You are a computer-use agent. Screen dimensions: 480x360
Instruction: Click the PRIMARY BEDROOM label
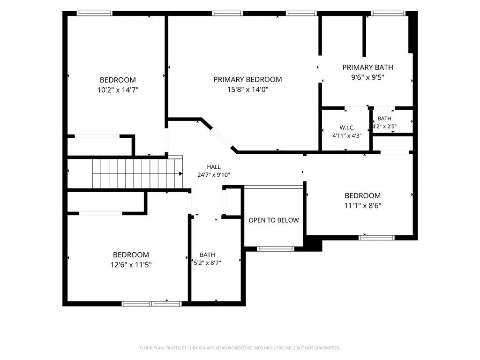click(x=247, y=80)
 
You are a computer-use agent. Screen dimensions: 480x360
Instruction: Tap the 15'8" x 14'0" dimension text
click(x=247, y=90)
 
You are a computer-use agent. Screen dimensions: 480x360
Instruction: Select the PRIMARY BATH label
click(x=367, y=67)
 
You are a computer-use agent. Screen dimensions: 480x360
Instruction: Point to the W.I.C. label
click(x=347, y=127)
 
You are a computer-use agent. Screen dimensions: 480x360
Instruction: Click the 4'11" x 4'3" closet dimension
click(x=347, y=135)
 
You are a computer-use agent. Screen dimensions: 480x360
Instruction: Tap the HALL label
click(x=214, y=167)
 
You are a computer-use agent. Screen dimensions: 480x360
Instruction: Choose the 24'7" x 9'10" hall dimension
click(x=214, y=175)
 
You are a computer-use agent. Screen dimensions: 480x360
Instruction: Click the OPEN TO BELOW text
click(x=274, y=220)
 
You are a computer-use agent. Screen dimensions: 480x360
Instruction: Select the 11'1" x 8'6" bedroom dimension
click(x=363, y=205)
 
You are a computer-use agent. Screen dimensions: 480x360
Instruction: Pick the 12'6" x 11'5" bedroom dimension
click(x=131, y=264)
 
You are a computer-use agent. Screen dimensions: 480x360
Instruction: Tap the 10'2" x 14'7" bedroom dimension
click(x=118, y=90)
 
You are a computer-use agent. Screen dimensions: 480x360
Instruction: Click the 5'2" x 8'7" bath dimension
click(x=207, y=262)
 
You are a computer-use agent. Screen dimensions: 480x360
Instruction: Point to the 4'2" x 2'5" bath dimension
click(x=384, y=126)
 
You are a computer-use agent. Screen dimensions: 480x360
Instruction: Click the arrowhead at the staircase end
click(x=181, y=173)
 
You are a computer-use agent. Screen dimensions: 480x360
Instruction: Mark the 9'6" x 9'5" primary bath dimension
click(x=367, y=77)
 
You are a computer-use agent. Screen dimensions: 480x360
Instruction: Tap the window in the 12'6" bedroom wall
click(x=151, y=304)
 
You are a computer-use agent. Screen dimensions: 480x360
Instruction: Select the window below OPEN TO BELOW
click(x=276, y=249)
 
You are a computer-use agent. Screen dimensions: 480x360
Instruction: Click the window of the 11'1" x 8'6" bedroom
click(x=376, y=238)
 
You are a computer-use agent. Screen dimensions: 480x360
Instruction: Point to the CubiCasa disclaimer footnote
click(x=240, y=348)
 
